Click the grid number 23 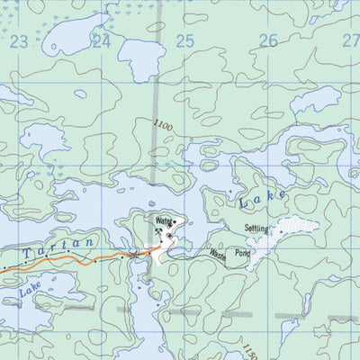tap(20, 40)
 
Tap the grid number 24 tap(101, 40)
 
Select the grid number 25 tap(184, 40)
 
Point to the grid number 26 tap(268, 40)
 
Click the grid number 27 tap(350, 40)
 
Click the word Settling tap(256, 229)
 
